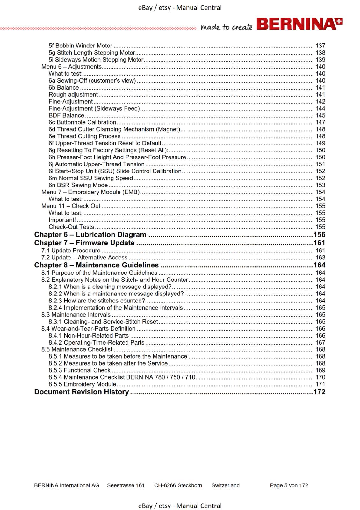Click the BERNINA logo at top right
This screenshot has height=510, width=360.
click(299, 25)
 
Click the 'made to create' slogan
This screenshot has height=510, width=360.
click(226, 27)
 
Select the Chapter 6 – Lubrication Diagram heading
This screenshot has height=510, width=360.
click(90, 235)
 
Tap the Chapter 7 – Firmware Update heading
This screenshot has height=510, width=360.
click(84, 243)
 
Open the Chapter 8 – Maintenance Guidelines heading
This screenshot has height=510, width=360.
click(96, 265)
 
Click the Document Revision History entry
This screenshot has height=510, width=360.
click(82, 392)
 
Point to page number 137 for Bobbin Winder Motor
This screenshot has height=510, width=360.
click(320, 46)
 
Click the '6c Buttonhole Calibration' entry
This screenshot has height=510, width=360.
click(82, 122)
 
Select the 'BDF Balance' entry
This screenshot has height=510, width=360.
click(66, 116)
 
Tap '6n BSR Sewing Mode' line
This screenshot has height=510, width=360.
click(78, 185)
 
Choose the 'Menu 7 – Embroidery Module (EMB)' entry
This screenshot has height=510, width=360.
click(90, 192)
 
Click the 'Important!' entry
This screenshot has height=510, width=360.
click(62, 220)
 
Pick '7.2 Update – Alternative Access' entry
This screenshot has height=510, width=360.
click(84, 258)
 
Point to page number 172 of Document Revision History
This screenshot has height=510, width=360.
click(319, 392)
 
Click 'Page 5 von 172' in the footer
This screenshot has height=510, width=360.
click(289, 485)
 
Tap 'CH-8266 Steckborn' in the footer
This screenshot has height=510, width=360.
click(178, 485)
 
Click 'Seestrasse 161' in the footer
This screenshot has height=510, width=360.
click(126, 485)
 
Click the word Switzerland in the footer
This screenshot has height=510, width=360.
click(226, 485)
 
